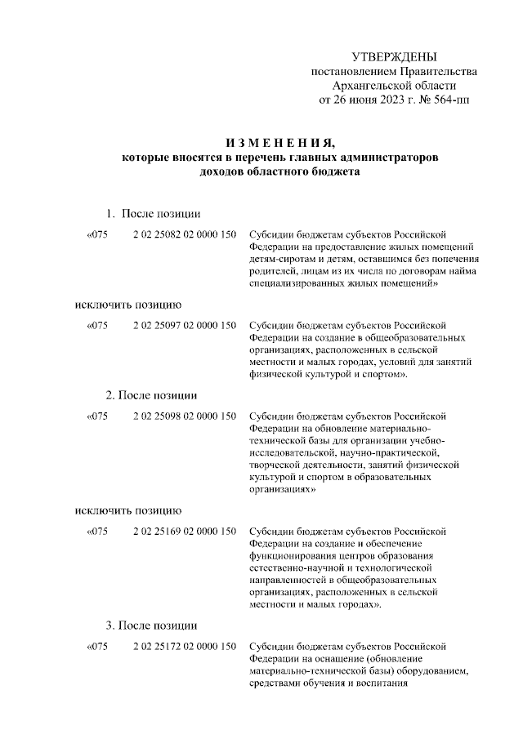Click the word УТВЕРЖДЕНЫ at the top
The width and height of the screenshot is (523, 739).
(394, 56)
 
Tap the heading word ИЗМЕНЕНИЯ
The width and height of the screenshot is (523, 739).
(279, 141)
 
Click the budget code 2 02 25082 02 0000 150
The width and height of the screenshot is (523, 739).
(185, 234)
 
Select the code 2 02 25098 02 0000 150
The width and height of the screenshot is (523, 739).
(185, 416)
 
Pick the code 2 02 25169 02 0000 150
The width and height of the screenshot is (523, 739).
(185, 532)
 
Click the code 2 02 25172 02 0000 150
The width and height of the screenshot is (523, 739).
(185, 648)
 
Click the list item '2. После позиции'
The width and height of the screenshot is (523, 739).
(152, 395)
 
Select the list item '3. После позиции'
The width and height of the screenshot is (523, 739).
(152, 626)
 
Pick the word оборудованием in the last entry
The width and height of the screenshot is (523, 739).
(426, 672)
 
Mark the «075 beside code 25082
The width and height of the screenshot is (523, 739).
(96, 234)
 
